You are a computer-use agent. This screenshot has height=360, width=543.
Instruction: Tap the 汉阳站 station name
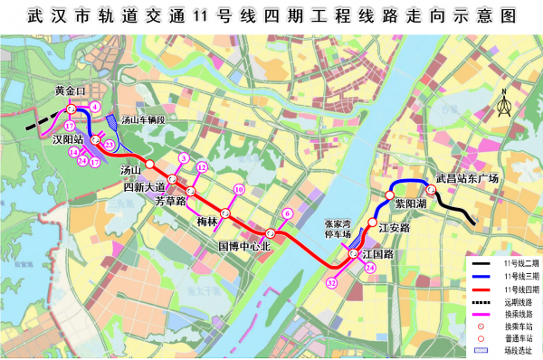[68, 141]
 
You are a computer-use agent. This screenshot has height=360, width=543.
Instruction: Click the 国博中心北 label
[245, 245]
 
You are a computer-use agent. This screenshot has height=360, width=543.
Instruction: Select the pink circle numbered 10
[239, 190]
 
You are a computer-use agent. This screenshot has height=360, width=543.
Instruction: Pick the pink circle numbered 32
[332, 283]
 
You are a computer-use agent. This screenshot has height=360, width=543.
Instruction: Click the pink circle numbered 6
[287, 214]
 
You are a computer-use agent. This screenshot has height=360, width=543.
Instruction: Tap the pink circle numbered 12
[203, 167]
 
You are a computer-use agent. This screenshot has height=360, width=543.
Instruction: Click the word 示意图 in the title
[474, 17]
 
